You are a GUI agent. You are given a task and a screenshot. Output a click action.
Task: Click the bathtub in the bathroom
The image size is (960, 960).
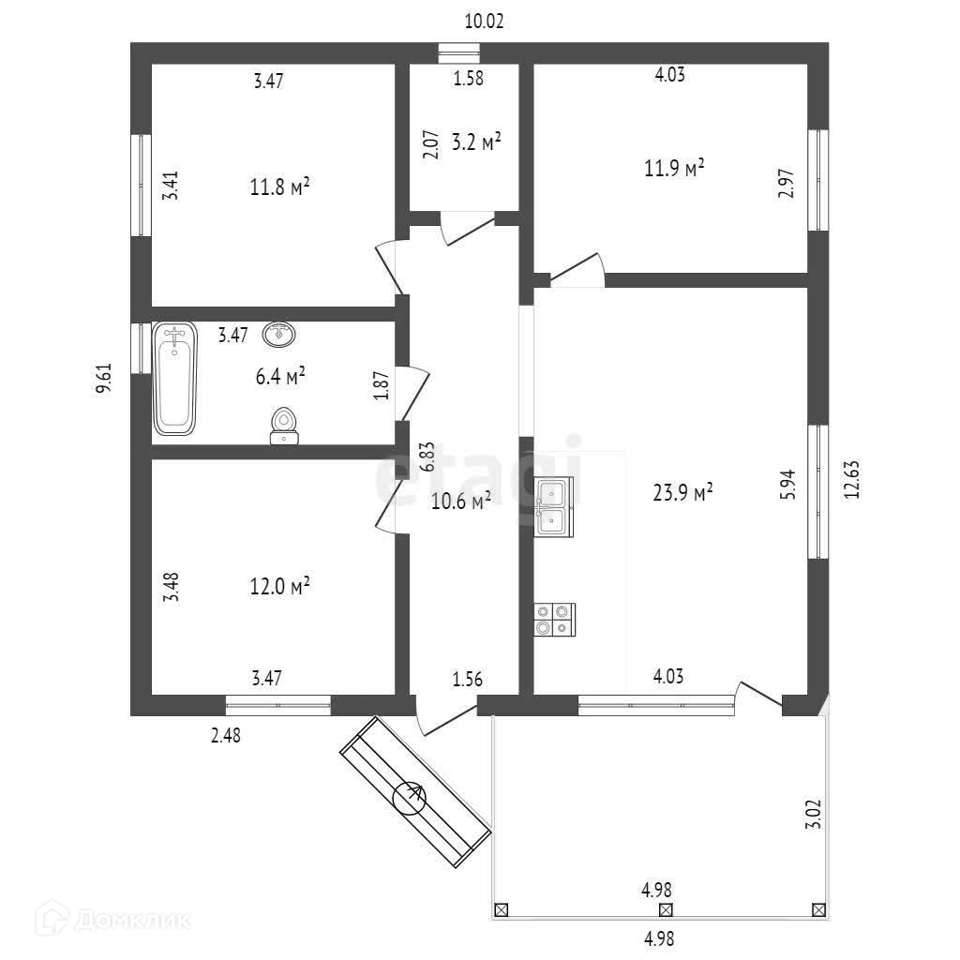(x=175, y=378)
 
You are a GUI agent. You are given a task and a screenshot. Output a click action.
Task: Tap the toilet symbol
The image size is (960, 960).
(x=284, y=425)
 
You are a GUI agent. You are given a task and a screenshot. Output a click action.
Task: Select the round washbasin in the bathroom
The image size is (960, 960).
(x=278, y=333)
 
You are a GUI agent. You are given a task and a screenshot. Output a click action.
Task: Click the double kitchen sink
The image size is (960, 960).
(x=552, y=507)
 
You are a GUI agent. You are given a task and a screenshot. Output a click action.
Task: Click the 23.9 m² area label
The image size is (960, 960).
(x=683, y=492)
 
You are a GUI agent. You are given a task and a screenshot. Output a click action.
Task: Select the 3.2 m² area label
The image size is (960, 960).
(x=476, y=142)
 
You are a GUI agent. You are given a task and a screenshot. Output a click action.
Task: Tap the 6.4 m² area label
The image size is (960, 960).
(x=281, y=377)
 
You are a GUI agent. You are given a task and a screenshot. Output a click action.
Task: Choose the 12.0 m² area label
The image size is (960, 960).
(x=280, y=587)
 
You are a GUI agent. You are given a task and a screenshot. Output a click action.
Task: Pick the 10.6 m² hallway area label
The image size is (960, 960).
(x=461, y=502)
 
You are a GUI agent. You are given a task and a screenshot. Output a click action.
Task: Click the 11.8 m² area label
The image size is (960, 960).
(x=280, y=187)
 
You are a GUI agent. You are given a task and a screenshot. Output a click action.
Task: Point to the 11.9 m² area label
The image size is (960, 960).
(x=674, y=169)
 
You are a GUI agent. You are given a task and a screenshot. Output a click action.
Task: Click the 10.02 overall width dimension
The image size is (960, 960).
(x=485, y=22)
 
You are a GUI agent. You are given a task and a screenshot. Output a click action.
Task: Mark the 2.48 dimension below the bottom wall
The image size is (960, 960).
(x=225, y=735)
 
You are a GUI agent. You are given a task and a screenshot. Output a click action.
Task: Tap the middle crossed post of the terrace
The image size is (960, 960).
(x=666, y=908)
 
